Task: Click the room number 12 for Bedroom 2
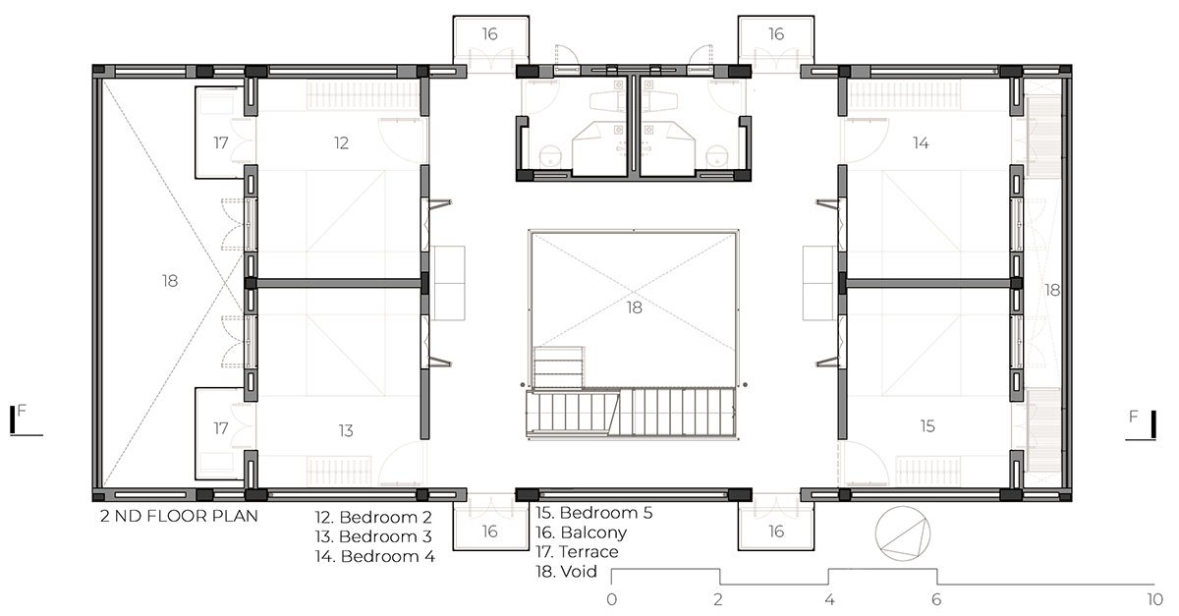click(341, 143)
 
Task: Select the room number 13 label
click(345, 430)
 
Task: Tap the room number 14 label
click(921, 143)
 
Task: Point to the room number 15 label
click(927, 425)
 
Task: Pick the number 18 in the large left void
click(170, 281)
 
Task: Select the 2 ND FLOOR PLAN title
click(177, 516)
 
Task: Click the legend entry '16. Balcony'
click(582, 532)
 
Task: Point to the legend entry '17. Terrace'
click(578, 552)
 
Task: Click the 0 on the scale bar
click(612, 598)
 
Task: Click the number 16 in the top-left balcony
click(489, 34)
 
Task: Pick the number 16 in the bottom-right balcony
click(775, 531)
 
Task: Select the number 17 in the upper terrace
click(221, 143)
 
